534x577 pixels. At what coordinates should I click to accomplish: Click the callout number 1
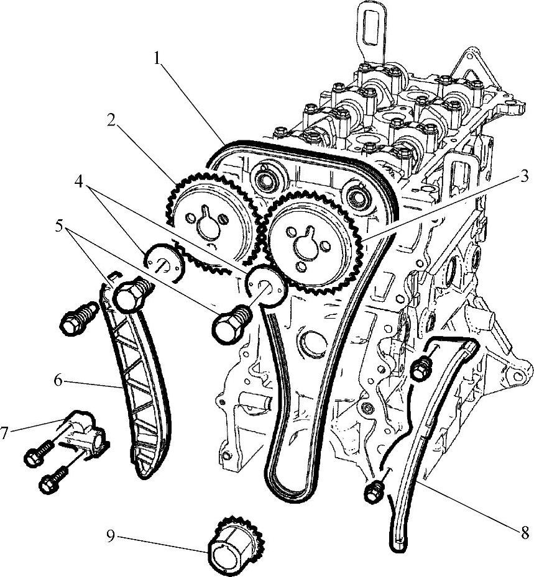point(158,58)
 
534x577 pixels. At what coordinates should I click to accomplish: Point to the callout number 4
point(78,181)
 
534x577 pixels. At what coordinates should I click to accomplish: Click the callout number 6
point(58,380)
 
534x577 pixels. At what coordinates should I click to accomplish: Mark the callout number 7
point(4,433)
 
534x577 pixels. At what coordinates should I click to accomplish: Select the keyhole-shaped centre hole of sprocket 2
point(208,226)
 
